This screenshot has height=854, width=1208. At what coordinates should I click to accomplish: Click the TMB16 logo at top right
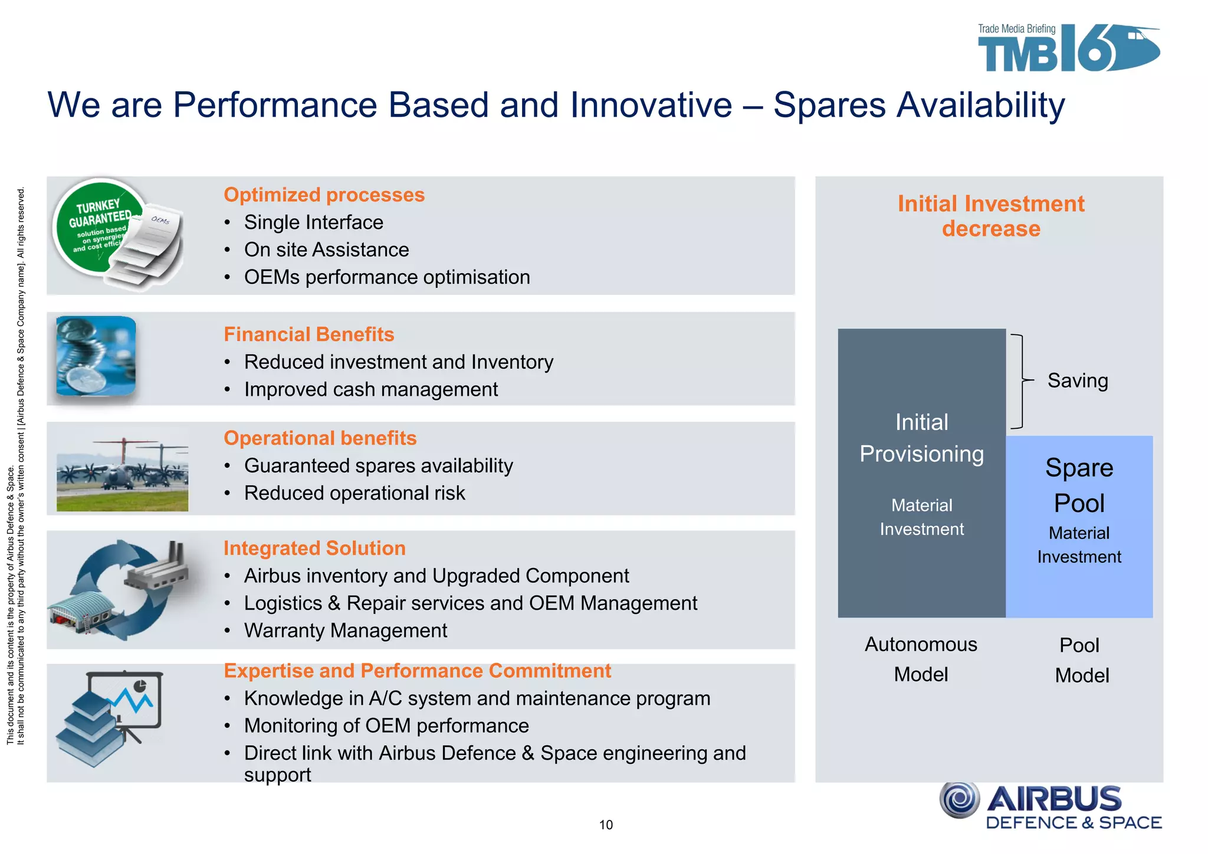tap(1068, 49)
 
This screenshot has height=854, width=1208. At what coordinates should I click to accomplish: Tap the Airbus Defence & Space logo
tap(1050, 806)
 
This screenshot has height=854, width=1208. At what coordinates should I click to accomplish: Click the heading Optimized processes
tap(324, 195)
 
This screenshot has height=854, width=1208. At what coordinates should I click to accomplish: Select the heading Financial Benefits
tap(308, 334)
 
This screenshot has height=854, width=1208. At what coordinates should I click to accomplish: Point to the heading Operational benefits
tap(320, 438)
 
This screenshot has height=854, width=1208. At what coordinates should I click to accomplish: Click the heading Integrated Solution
tap(314, 548)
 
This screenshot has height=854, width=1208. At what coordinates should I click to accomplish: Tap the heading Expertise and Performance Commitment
tap(417, 671)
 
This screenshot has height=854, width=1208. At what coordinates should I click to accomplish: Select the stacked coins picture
tap(96, 356)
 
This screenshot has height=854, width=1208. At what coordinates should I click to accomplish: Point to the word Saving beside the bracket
tap(1077, 380)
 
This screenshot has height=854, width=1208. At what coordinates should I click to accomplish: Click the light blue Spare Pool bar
tap(1079, 526)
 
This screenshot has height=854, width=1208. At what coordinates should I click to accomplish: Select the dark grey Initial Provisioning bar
tap(921, 473)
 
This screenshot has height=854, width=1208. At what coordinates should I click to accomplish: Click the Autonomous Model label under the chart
tap(921, 659)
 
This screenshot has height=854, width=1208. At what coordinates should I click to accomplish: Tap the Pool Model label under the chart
tap(1081, 660)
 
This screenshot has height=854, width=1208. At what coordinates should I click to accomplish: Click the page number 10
tap(606, 825)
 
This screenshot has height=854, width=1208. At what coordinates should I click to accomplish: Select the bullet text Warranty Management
tap(346, 630)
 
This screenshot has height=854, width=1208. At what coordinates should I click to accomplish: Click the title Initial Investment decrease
tap(990, 216)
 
